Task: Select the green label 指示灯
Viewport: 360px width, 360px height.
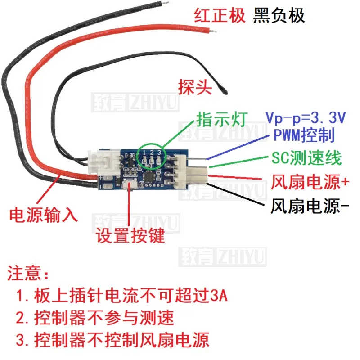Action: (x=221, y=119)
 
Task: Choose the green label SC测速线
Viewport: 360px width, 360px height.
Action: (x=306, y=157)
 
